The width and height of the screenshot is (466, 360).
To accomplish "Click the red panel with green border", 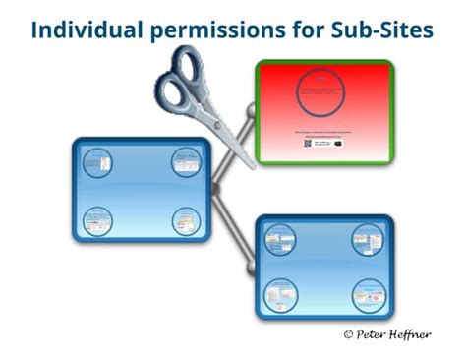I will pyautogui.click(x=325, y=108).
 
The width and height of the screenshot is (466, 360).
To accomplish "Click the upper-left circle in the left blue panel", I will pyautogui.click(x=95, y=159).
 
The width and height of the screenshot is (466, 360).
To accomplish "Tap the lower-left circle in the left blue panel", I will pyautogui.click(x=95, y=218).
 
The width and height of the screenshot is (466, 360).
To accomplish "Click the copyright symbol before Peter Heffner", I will pyautogui.click(x=348, y=334).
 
